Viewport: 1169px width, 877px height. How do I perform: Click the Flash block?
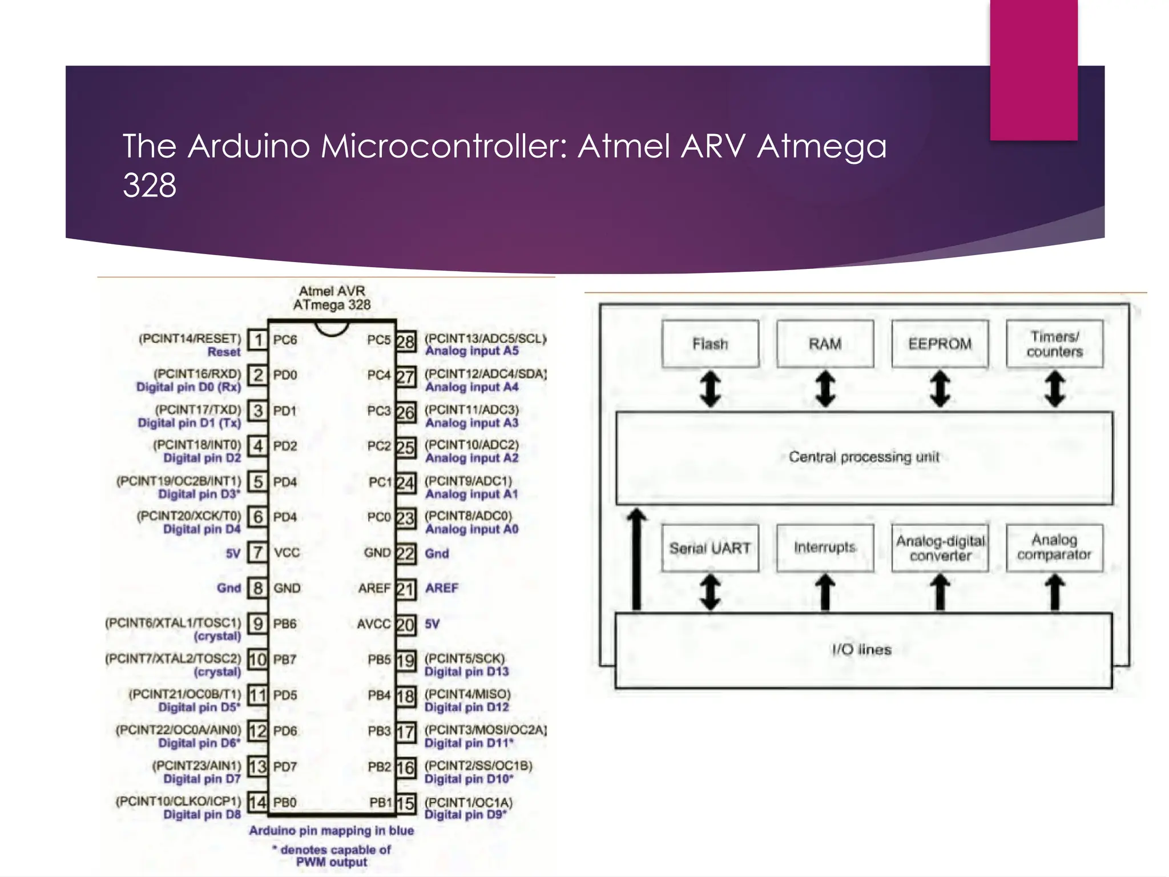[x=710, y=344]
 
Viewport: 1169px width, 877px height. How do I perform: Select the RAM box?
[x=825, y=344]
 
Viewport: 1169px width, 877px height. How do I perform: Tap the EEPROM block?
[x=940, y=344]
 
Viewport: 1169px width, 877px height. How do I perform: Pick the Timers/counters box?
[x=1054, y=344]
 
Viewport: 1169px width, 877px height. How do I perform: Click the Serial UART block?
[x=710, y=548]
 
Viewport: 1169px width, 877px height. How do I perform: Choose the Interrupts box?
[x=825, y=548]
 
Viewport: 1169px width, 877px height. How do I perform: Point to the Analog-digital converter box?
[x=940, y=548]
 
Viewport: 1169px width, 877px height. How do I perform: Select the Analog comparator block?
[x=1054, y=548]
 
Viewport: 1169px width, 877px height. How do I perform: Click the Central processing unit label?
[x=864, y=457]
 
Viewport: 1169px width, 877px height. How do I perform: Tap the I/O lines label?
[x=861, y=650]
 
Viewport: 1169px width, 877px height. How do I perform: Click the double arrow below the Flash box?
[x=710, y=389]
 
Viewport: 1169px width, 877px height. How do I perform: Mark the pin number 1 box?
[x=258, y=340]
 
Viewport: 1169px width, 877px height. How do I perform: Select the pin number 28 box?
[x=405, y=341]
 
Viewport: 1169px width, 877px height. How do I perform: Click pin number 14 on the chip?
[x=257, y=802]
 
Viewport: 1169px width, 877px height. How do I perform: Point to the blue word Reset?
[x=224, y=352]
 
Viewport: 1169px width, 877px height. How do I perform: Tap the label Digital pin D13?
[x=466, y=672]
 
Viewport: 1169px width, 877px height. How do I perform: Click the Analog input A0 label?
[x=471, y=529]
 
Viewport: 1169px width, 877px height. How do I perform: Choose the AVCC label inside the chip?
[x=374, y=624]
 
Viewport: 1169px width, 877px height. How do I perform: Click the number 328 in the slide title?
[x=150, y=185]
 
